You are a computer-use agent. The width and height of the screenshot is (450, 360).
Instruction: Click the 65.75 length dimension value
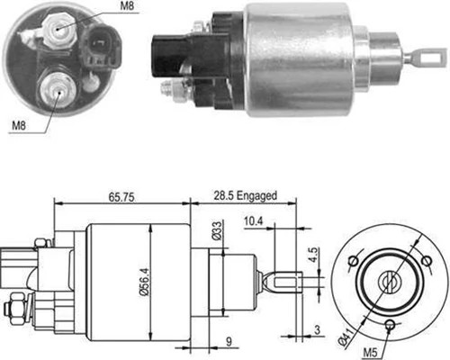pos(121,197)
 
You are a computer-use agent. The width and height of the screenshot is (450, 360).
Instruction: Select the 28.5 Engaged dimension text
pos(245,196)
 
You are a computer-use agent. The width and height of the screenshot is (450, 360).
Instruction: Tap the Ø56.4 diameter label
pos(145,282)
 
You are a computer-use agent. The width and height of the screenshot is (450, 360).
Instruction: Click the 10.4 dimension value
pos(253,221)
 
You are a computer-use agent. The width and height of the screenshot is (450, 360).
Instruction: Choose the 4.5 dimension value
pos(312,256)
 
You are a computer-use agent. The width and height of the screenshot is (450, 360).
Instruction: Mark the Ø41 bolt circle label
pos(345,337)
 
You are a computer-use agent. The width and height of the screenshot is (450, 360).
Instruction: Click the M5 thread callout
pos(370,353)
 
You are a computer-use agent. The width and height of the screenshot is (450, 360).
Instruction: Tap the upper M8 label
pos(127,6)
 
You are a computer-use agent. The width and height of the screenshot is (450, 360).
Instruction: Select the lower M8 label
pos(19,125)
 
